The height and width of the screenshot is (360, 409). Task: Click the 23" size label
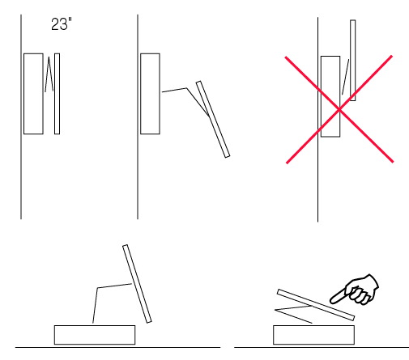point(62,24)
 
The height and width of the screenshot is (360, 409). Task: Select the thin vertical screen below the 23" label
point(57,94)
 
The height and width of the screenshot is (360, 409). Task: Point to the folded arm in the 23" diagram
point(49,74)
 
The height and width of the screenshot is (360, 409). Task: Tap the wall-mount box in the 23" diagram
point(33,94)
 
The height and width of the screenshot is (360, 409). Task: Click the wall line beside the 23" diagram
point(21,116)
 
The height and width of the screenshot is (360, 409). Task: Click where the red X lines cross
point(339,109)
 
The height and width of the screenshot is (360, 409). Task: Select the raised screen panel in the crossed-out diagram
point(352,60)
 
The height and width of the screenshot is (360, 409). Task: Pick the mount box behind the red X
point(330,96)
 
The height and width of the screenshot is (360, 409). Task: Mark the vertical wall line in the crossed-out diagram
point(317,120)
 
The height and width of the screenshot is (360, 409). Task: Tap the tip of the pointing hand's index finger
point(331,301)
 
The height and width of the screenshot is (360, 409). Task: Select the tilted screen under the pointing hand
point(316,305)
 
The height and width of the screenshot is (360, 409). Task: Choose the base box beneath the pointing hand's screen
point(313,335)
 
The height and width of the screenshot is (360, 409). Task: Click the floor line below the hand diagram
point(322,347)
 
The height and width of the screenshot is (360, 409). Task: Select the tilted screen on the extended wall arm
point(213,119)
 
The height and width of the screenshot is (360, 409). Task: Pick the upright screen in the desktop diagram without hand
point(137,283)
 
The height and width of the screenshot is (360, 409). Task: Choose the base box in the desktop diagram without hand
point(95,335)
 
